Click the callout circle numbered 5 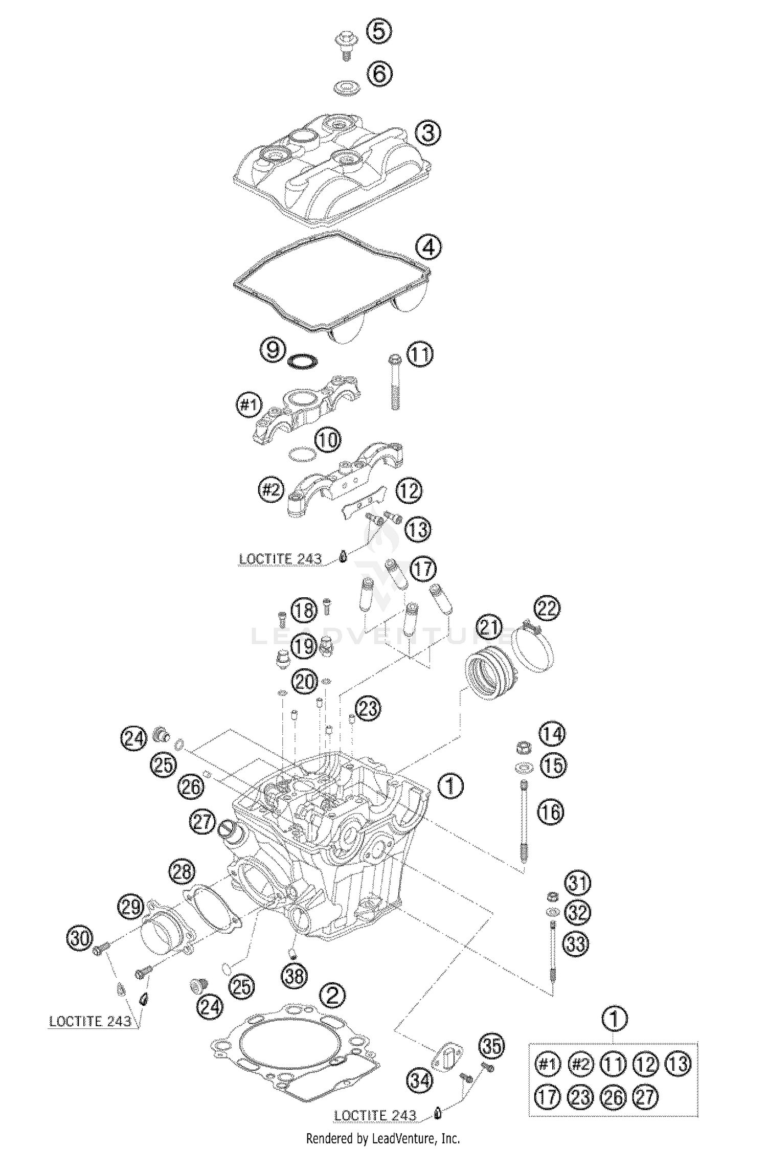tap(379, 32)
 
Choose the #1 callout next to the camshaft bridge tap(248, 405)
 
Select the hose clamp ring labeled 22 tap(534, 647)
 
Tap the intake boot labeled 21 tap(488, 671)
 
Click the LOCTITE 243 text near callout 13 tap(280, 559)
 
